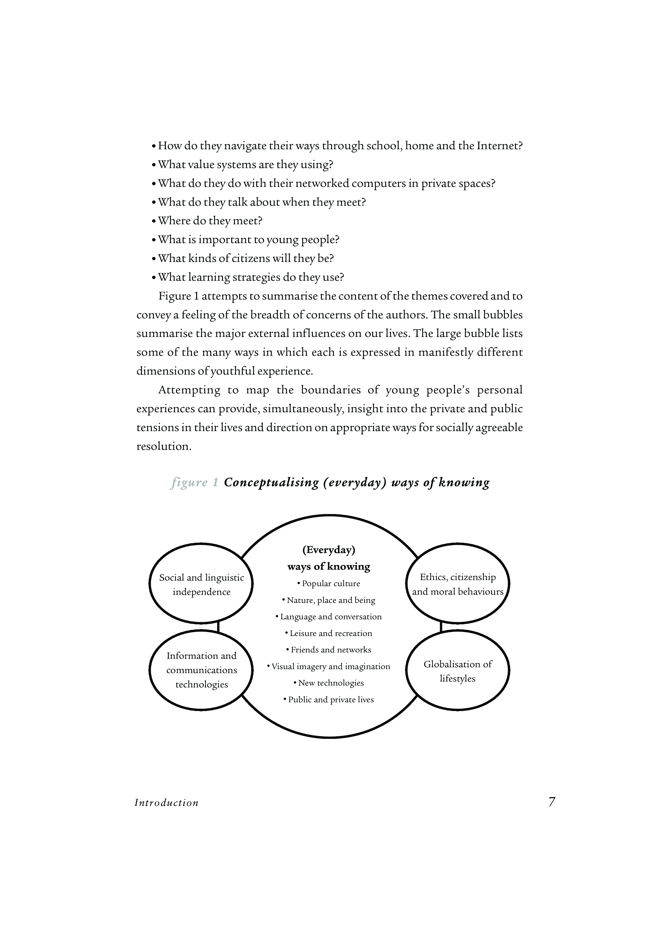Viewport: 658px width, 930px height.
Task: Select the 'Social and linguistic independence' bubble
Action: (201, 585)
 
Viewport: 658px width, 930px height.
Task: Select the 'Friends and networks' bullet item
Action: (329, 650)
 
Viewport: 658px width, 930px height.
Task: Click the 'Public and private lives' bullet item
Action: (329, 700)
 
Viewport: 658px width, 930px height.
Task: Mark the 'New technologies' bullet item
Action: (329, 683)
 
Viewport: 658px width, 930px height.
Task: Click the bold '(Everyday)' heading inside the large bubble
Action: (329, 550)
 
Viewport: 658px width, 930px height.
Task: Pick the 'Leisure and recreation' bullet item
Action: (329, 633)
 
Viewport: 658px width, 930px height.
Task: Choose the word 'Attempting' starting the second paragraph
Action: (189, 390)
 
